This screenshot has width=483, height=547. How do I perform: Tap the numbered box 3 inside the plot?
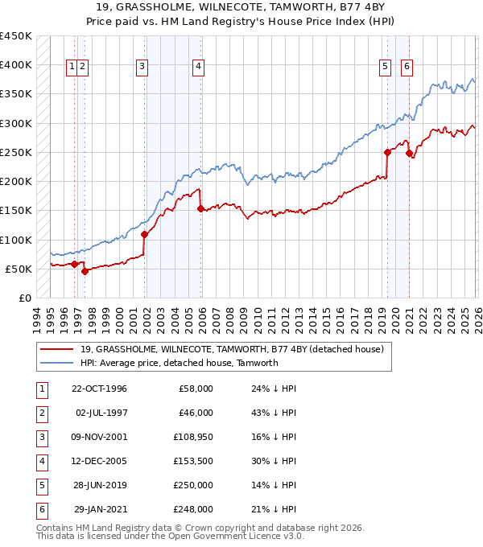[x=142, y=67]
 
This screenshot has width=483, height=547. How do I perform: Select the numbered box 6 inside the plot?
[x=407, y=67]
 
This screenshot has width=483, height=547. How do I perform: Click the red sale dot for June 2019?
[x=387, y=152]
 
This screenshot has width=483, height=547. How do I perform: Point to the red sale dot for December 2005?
[x=200, y=208]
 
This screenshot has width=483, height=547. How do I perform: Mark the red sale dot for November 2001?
[x=145, y=234]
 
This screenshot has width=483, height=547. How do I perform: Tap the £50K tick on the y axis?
[x=19, y=269]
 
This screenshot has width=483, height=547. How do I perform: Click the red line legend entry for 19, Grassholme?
[x=233, y=348]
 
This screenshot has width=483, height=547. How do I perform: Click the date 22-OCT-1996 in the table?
[x=99, y=389]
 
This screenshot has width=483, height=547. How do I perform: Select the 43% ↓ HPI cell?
[x=273, y=413]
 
